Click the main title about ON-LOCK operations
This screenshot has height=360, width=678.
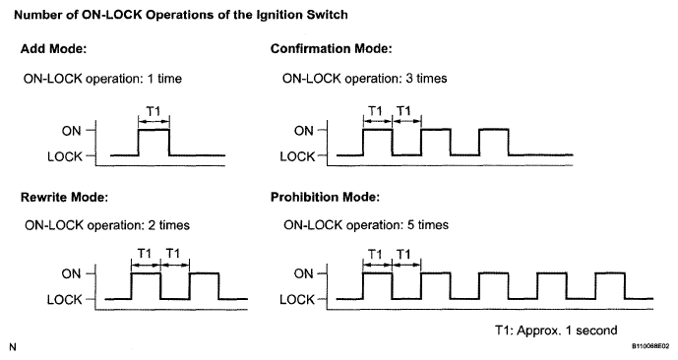[181, 15]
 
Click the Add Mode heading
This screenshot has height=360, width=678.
[53, 49]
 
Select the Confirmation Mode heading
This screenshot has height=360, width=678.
[332, 49]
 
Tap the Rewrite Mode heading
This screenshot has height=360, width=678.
[64, 198]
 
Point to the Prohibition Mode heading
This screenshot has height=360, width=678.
[325, 198]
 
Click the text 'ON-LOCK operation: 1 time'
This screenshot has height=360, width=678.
[102, 79]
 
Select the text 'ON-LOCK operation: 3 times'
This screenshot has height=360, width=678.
[364, 79]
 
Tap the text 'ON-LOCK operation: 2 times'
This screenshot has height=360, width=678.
[107, 225]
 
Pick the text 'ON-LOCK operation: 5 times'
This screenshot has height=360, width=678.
[366, 224]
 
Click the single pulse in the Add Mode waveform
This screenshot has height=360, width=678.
[154, 129]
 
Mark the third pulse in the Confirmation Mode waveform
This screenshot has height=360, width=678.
[494, 129]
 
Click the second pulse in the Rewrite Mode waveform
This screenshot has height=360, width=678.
[204, 273]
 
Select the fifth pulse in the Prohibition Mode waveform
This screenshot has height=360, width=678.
[610, 272]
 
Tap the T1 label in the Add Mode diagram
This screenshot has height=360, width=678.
[154, 112]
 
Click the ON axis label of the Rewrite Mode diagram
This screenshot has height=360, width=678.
[72, 274]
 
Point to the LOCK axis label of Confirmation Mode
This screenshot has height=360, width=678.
[297, 156]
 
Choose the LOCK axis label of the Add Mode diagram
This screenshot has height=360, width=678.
[65, 156]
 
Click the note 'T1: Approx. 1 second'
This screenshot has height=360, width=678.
[556, 330]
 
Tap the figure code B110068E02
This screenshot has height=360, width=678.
[649, 346]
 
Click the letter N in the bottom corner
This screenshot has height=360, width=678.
[13, 347]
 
